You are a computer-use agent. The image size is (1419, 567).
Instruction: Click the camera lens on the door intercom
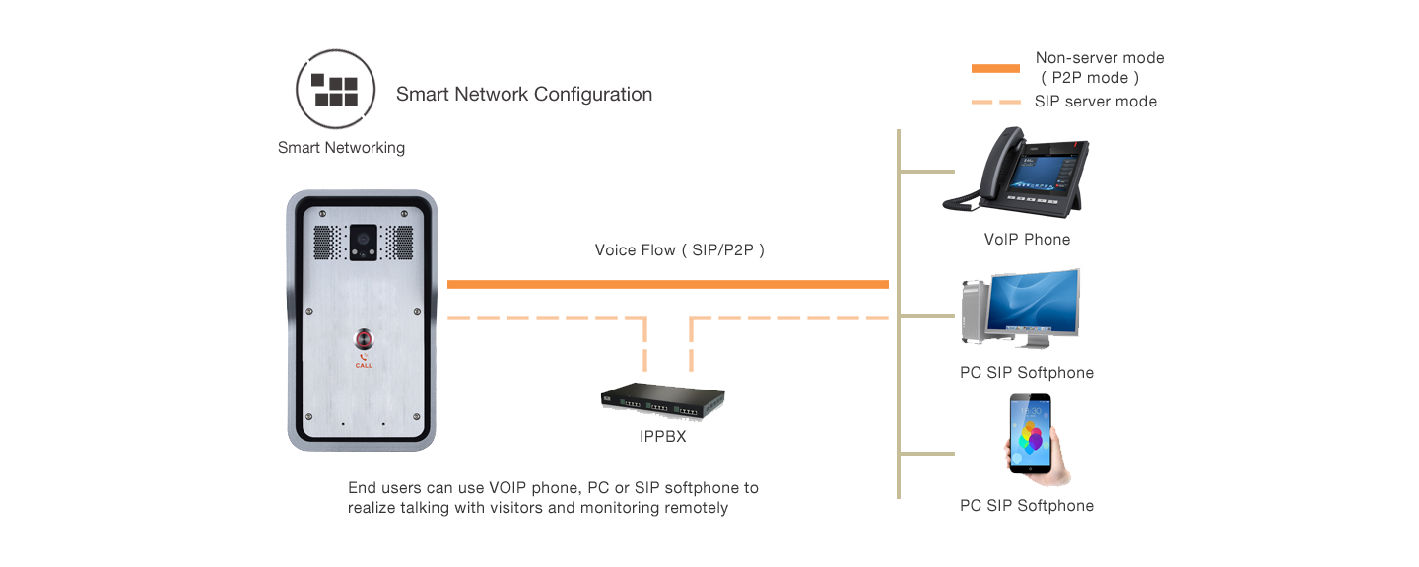[x=362, y=238]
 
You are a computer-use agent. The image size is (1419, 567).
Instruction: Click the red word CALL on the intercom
[x=364, y=365]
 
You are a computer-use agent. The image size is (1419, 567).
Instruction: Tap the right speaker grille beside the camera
[x=399, y=242]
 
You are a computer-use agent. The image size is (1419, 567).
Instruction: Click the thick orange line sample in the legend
[x=995, y=69]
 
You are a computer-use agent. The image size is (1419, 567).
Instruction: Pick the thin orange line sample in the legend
[x=995, y=102]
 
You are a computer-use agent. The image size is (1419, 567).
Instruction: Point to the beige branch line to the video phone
[x=926, y=172]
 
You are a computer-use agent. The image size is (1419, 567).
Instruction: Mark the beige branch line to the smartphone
[x=926, y=454]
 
